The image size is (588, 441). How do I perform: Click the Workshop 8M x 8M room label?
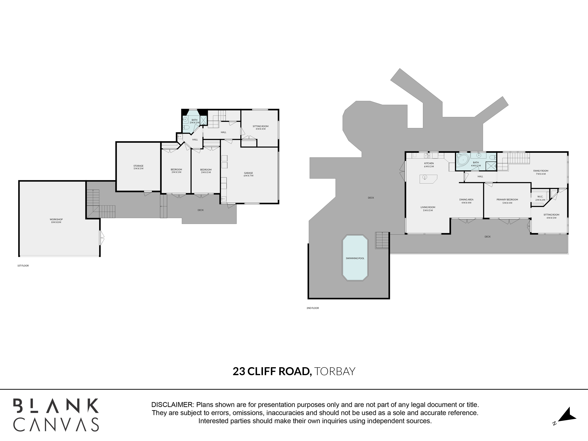point(56,221)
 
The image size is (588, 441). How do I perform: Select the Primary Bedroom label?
point(507,201)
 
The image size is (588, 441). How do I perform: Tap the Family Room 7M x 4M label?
point(541,172)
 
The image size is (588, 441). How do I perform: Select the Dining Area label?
point(466,201)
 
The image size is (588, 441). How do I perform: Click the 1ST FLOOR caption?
point(23,266)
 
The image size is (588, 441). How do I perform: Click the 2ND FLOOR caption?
point(313,308)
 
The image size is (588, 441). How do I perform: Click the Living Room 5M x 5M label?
point(428,209)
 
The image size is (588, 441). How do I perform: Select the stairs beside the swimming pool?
point(382,240)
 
